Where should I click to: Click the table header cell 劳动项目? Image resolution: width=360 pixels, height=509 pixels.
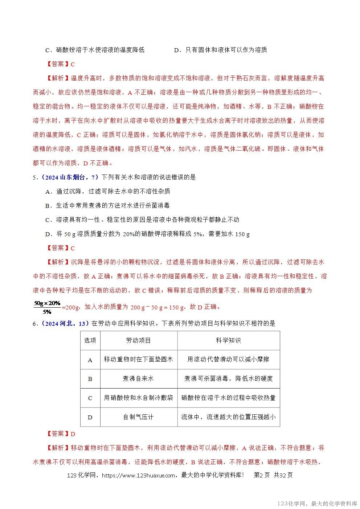pos(138,340)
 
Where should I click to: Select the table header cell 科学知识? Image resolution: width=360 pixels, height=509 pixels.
pos(228,340)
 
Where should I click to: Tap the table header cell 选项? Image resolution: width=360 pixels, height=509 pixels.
pos(90,340)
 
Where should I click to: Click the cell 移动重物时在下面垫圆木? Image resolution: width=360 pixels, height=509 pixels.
pos(138,360)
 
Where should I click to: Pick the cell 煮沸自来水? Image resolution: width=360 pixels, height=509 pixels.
pos(138,379)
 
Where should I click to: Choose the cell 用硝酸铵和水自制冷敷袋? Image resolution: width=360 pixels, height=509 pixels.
pos(138,398)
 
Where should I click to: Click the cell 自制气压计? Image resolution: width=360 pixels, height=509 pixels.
pos(138,417)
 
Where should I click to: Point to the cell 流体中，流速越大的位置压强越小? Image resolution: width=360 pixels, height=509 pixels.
pos(228,417)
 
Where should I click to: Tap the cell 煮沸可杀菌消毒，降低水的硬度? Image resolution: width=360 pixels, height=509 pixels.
pos(228,379)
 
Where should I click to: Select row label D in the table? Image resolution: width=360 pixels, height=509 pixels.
pos(90,417)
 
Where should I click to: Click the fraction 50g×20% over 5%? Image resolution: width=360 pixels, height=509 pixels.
pos(47,307)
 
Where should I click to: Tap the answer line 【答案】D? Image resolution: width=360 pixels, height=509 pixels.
pos(61,434)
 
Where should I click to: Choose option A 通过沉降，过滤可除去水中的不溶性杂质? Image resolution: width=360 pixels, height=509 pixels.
pos(108,192)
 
